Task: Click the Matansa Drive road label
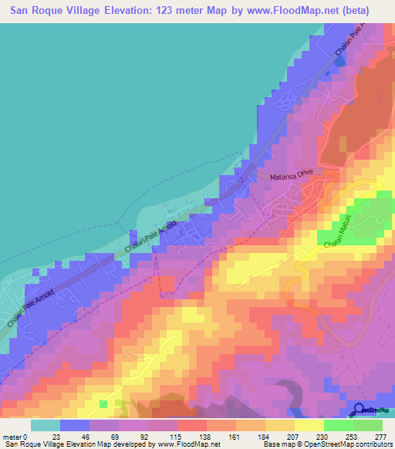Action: coord(288,177)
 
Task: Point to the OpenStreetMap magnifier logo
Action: coord(360,410)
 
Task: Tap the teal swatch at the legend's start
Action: coord(46,425)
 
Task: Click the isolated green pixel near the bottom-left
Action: coord(103,403)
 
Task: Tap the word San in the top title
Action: coord(22,11)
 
